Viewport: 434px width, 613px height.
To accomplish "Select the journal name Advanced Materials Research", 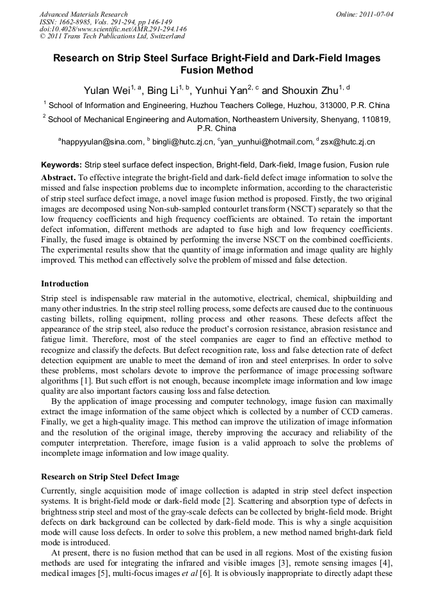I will point(83,14).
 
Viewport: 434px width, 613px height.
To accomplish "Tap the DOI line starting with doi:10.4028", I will point(113,29).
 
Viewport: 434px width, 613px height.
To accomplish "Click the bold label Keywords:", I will point(61,164).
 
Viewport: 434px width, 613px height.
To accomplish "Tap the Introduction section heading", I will point(65,284).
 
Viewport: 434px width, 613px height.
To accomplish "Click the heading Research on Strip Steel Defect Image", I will point(110,477).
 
